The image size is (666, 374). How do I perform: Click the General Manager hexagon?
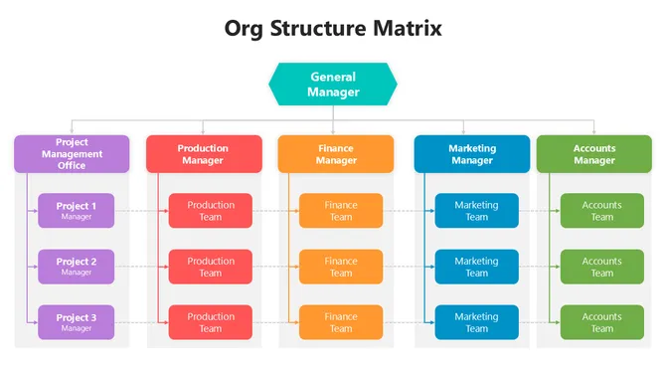333,85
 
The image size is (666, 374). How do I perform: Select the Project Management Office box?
72,154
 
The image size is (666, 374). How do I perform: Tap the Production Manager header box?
204,154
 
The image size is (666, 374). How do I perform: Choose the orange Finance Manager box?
336,154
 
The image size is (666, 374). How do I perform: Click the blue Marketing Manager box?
471,154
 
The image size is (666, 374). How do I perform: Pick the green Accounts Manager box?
593,154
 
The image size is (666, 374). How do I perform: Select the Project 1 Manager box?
77,210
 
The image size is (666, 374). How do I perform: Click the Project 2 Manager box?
77,266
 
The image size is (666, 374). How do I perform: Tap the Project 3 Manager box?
77,321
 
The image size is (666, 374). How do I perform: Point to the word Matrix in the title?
402,28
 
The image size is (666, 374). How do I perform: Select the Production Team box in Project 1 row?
211,210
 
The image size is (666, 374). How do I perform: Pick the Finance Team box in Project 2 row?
341,266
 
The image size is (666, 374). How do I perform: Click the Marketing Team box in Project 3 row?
476,321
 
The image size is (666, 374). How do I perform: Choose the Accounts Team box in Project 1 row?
601,210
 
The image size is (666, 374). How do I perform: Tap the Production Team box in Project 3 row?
211,321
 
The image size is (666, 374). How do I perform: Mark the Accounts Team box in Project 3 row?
601,321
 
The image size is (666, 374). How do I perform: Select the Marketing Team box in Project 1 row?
476,210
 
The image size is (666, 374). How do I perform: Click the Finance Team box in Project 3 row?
341,321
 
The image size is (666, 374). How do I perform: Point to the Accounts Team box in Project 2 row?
601,266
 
